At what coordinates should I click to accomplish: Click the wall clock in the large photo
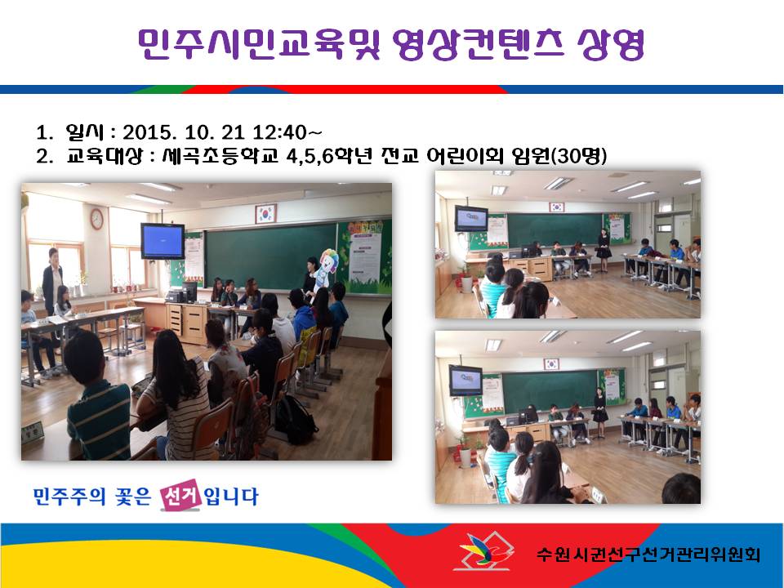96,219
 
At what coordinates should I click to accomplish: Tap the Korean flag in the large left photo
265,213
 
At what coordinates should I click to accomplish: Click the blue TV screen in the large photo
163,241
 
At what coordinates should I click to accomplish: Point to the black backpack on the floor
295,419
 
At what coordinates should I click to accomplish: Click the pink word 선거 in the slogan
180,495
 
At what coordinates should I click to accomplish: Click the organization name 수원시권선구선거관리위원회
648,554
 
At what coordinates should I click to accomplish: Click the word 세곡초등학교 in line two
220,155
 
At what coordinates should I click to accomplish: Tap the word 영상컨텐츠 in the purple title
478,44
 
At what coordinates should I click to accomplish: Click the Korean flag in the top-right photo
556,207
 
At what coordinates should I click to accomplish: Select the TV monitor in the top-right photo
471,218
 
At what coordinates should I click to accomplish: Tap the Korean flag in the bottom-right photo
551,364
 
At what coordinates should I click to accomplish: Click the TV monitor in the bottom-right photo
465,381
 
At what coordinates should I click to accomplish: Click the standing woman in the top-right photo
604,250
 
